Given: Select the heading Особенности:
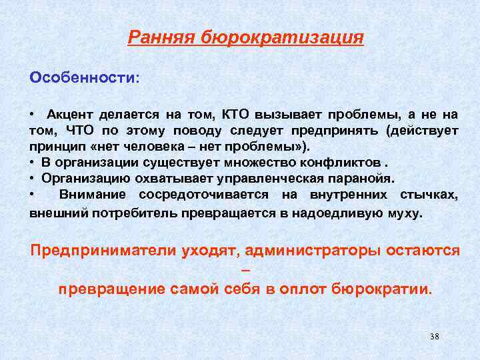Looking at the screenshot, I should [85, 77].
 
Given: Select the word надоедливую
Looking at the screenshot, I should [339, 214].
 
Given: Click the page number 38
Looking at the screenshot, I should [435, 336].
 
